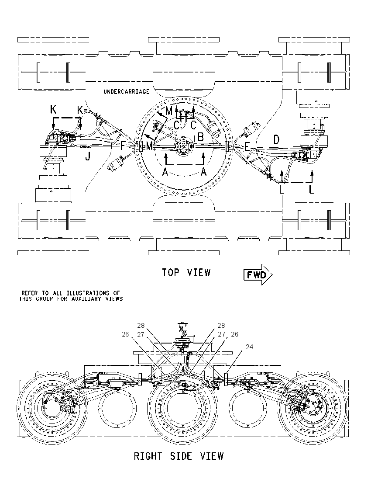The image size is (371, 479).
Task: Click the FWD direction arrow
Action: [x=258, y=274]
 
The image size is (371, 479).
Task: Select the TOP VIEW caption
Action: [x=186, y=272]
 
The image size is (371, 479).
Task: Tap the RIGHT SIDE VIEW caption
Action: [x=179, y=456]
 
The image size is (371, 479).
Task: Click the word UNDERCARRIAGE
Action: [x=126, y=92]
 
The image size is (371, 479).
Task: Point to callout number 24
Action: [x=250, y=347]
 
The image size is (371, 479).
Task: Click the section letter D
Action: [x=276, y=140]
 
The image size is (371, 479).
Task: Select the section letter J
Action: [x=88, y=157]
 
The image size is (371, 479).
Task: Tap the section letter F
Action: [x=123, y=146]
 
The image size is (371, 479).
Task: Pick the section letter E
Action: [x=247, y=147]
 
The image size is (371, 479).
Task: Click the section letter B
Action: [x=200, y=137]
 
